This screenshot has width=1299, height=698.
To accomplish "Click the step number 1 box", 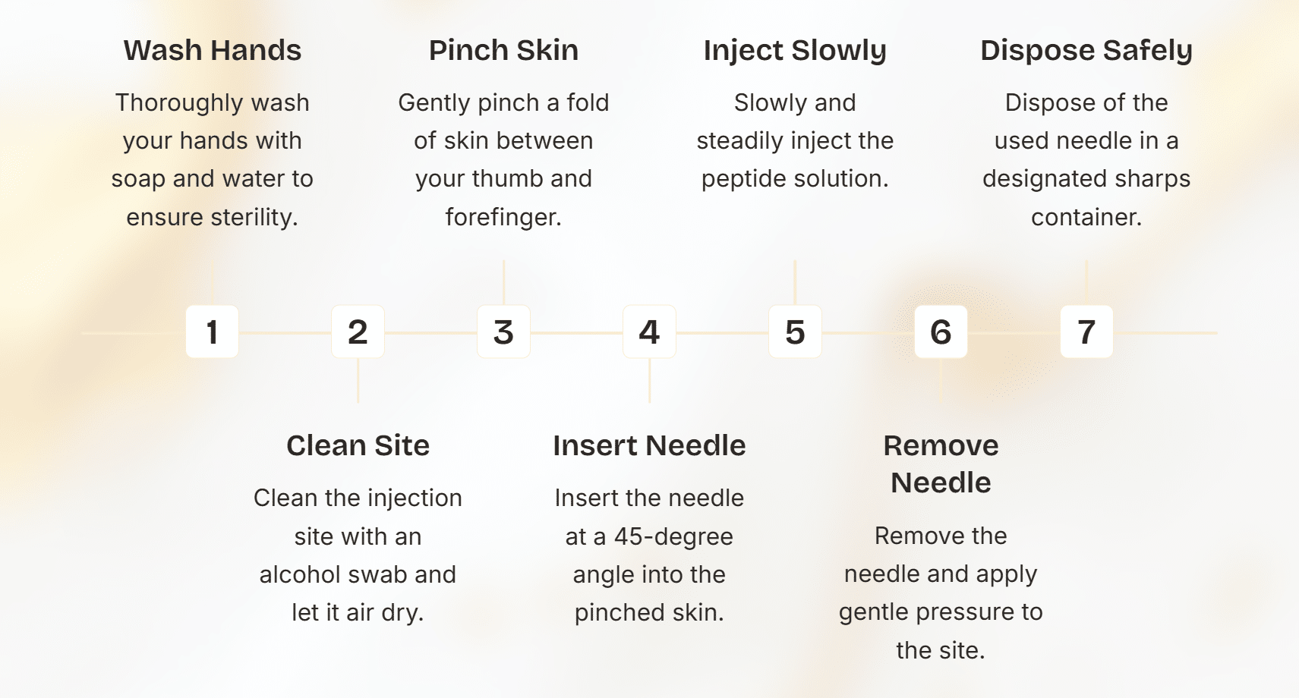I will tap(212, 332).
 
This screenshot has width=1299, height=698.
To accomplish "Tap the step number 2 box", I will tap(358, 332).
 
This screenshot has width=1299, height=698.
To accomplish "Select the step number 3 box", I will tap(503, 332).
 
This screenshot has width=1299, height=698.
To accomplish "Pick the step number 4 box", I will tap(649, 332).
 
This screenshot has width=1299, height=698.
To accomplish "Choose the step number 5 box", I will tap(795, 332).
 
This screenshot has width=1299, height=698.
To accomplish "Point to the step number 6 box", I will tap(941, 332).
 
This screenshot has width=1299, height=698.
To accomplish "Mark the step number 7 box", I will tap(1086, 332).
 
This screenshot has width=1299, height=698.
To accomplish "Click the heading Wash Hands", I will tap(213, 50).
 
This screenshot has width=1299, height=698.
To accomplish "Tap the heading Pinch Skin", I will tap(503, 50).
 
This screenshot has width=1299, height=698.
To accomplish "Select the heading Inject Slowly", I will tap(795, 50).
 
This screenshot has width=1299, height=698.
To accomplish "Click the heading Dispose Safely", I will tap(1086, 50).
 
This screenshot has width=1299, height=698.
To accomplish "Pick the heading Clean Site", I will tap(358, 445).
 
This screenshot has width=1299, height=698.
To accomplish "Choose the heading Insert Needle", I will tap(649, 445).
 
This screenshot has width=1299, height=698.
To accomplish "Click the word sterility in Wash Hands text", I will tap(254, 218).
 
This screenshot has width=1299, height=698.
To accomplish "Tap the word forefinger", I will tap(503, 218).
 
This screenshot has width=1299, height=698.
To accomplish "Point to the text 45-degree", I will tap(673, 537).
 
